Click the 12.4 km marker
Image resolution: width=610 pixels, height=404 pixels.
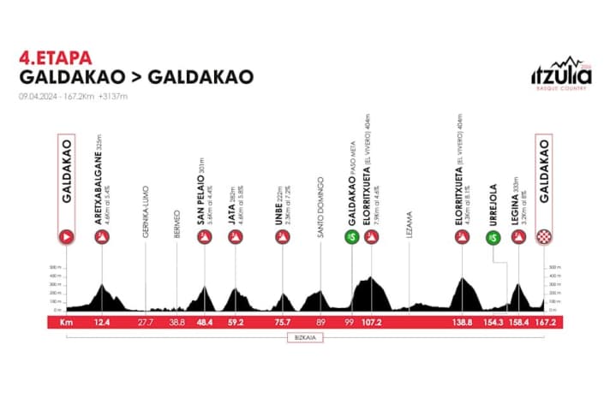103,323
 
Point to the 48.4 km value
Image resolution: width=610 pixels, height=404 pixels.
204,323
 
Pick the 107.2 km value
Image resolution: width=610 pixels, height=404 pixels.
370,323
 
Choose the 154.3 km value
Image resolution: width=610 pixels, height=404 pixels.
491,323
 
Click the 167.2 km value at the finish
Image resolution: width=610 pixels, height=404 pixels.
543,323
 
